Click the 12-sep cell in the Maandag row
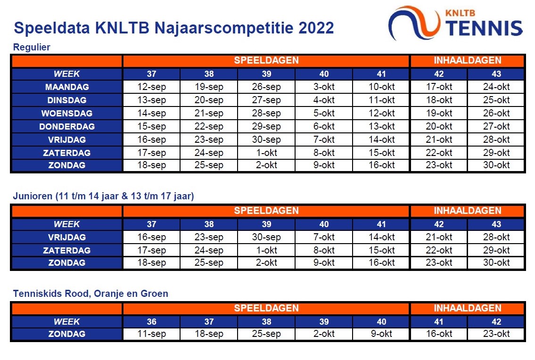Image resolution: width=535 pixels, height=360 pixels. pyautogui.click(x=151, y=87)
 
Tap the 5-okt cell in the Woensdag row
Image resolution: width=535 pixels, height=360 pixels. pyautogui.click(x=324, y=113)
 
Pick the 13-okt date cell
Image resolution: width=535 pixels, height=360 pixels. pyautogui.click(x=381, y=126)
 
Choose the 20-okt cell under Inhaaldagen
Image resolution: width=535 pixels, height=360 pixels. pyautogui.click(x=439, y=126)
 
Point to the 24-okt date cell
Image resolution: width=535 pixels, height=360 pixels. pyautogui.click(x=496, y=87)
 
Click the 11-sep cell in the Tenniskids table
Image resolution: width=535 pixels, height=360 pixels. pyautogui.click(x=151, y=334)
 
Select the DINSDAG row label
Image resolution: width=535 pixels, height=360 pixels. pyautogui.click(x=67, y=100)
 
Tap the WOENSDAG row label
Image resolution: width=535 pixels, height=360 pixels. pyautogui.click(x=67, y=113)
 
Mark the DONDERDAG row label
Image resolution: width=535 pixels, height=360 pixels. pyautogui.click(x=67, y=127)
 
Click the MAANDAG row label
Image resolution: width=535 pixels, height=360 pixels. pyautogui.click(x=67, y=87)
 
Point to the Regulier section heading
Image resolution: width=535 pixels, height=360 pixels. pyautogui.click(x=32, y=47)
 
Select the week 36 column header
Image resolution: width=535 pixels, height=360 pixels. pyautogui.click(x=151, y=321)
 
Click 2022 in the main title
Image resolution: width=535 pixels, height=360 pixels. pyautogui.click(x=316, y=28)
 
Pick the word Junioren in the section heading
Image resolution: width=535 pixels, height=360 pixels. pyautogui.click(x=33, y=196)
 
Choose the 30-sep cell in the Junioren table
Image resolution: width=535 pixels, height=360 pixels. pyautogui.click(x=266, y=237)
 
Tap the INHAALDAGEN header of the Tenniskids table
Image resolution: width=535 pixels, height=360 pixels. pyautogui.click(x=468, y=308)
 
